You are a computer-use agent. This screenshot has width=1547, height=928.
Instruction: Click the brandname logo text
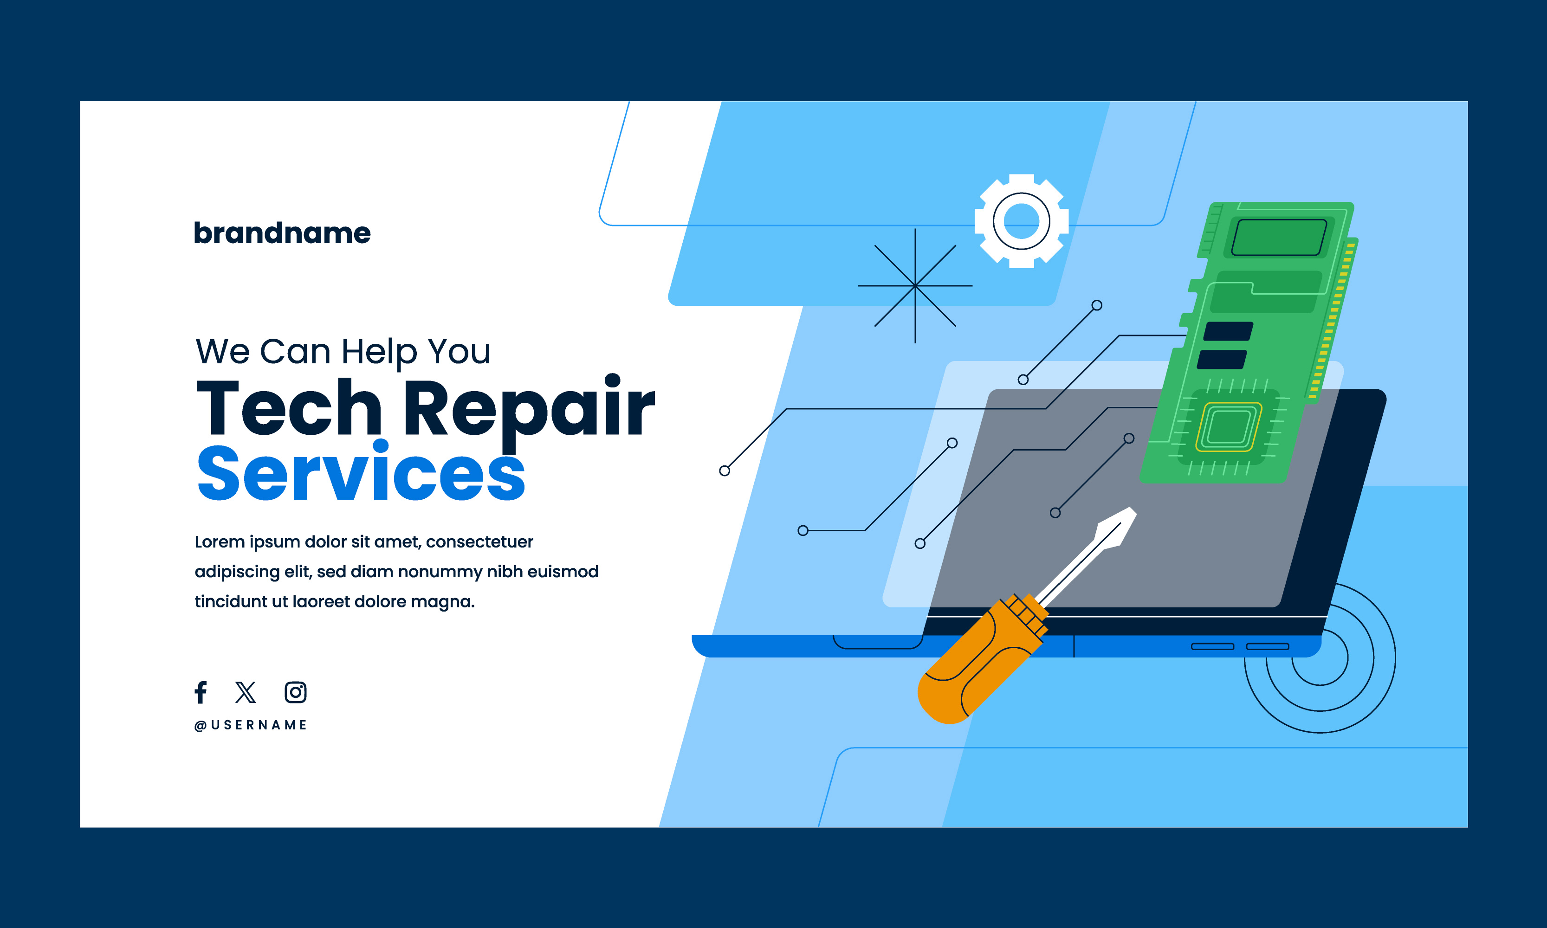tap(282, 233)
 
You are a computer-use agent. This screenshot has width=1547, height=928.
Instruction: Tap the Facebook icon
tap(201, 692)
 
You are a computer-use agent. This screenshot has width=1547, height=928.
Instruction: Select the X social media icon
tap(245, 692)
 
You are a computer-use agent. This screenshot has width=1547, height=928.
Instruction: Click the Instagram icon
tap(295, 692)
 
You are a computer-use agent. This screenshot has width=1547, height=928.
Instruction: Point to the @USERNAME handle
tap(250, 725)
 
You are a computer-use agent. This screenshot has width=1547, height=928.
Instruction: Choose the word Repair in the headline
tap(529, 410)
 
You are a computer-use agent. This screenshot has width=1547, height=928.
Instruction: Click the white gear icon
tap(1022, 221)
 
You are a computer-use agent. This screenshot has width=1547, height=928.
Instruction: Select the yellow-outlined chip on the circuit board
tap(1228, 427)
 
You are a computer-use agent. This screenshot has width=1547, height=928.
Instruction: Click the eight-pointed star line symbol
tap(915, 286)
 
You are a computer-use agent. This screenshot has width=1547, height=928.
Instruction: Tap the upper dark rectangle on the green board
tap(1228, 331)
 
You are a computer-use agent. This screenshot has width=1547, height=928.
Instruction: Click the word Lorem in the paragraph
tap(219, 541)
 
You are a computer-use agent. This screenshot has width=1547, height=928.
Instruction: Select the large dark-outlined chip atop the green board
tap(1279, 238)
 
